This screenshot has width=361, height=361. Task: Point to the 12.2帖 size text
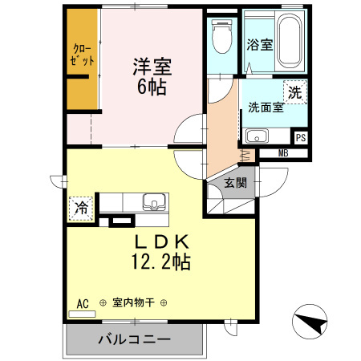[x=160, y=261]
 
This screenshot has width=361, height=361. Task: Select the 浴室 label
[x=260, y=45]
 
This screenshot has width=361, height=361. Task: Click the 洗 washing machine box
[x=295, y=93]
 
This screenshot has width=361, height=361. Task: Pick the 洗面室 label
[x=266, y=107]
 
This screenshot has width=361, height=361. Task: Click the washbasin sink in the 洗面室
[x=257, y=135]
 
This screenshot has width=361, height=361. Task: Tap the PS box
[x=301, y=138]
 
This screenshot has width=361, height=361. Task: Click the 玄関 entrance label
[x=235, y=183]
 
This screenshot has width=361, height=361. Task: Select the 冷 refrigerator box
[x=82, y=208]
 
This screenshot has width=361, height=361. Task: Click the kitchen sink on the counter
[x=152, y=201]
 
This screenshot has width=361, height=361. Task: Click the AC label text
[x=82, y=303]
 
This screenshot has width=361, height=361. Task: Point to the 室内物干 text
[x=134, y=303]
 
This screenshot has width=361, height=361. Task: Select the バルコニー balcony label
[x=134, y=340]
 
